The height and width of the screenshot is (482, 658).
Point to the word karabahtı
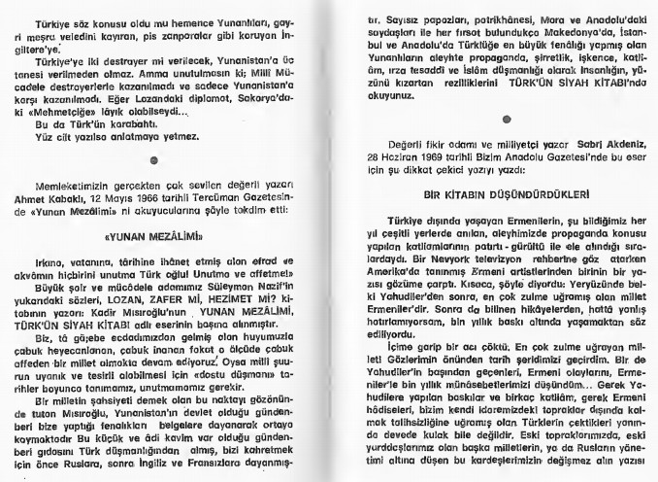tap(121, 124)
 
